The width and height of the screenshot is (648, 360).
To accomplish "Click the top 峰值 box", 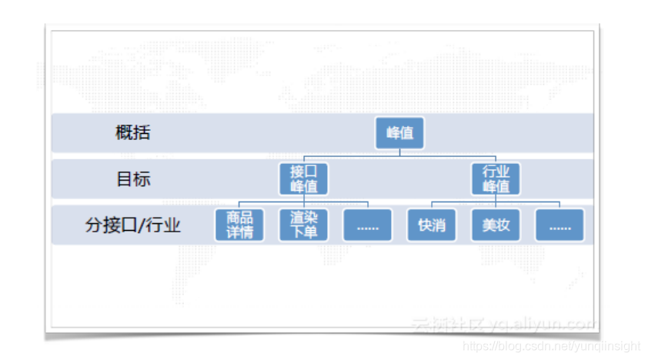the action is (x=399, y=132).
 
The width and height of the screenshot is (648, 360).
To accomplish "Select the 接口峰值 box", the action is (x=303, y=178).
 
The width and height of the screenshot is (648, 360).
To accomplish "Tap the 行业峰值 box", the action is (x=496, y=178).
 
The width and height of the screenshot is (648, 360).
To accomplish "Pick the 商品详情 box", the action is (x=239, y=225).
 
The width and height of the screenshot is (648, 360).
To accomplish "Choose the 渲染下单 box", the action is (x=303, y=225).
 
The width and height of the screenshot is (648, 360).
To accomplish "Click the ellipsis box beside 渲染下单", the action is (x=367, y=225).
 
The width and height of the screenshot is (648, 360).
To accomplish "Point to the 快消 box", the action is (x=431, y=225).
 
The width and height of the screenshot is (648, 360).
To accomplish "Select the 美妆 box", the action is (x=496, y=225).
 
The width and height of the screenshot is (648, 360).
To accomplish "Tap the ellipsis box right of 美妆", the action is (x=559, y=225).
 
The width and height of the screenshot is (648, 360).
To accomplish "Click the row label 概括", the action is (x=132, y=132).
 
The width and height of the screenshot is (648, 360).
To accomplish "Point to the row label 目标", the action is (x=132, y=179).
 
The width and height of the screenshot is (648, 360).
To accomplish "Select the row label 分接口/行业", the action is (x=132, y=225).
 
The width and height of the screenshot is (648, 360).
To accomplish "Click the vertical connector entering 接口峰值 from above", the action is (x=303, y=158).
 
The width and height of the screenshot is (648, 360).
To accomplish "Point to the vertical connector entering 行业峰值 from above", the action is (x=496, y=158).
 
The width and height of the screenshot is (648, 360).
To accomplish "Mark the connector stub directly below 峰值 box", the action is (x=399, y=152).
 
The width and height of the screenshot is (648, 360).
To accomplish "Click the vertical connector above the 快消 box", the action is (x=431, y=205).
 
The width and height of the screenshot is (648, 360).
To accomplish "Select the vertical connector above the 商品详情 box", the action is (x=239, y=205).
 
